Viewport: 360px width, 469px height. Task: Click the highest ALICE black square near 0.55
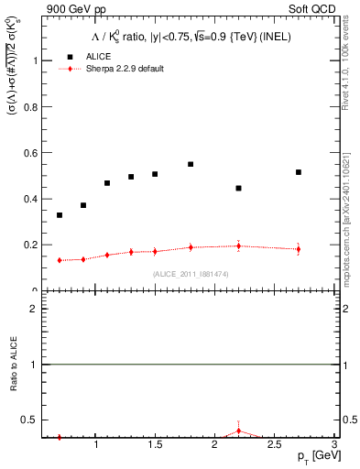point(191,164)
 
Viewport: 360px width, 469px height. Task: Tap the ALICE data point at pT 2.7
point(299,172)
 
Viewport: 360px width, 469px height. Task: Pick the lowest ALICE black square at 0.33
point(60,215)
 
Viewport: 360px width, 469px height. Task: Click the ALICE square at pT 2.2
point(238,188)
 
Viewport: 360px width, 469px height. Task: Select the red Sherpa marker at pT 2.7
point(299,249)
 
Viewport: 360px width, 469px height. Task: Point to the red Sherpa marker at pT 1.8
point(191,247)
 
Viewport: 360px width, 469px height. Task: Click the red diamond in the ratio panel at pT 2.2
point(238,431)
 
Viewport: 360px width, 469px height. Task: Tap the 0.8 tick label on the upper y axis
point(31,106)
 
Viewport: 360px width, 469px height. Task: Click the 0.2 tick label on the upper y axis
point(31,245)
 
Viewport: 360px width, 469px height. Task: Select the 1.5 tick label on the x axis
point(155,445)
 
